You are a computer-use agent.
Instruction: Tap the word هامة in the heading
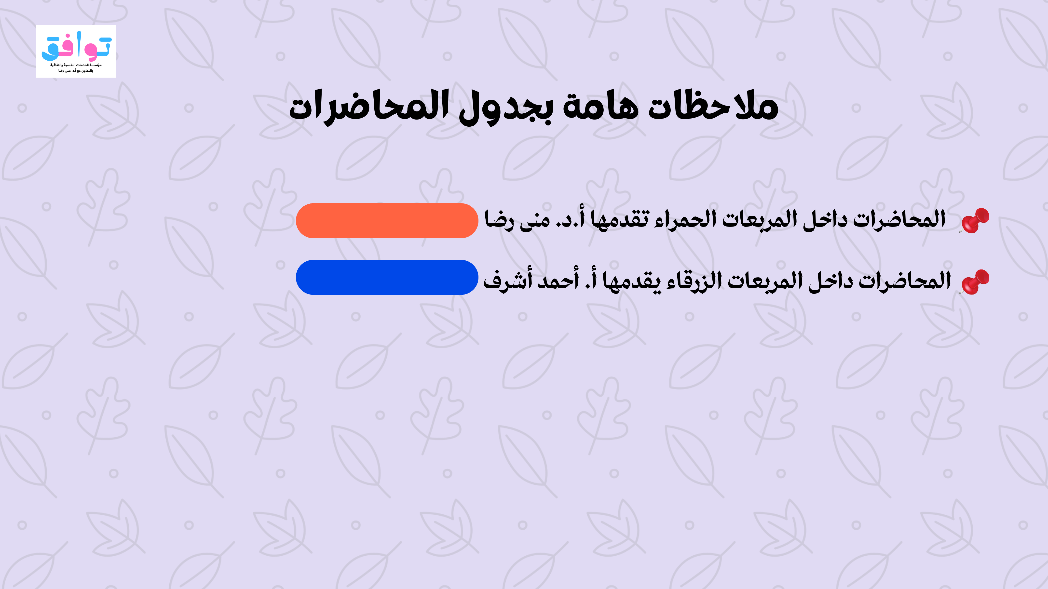pos(600,107)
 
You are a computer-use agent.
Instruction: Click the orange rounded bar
pos(387,220)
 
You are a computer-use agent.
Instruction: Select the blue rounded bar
pos(387,277)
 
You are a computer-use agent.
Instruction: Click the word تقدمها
pos(620,220)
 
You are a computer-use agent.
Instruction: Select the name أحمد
pos(558,281)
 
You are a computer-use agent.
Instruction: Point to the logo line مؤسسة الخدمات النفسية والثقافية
pos(76,65)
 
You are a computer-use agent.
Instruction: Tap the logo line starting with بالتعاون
pos(76,71)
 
